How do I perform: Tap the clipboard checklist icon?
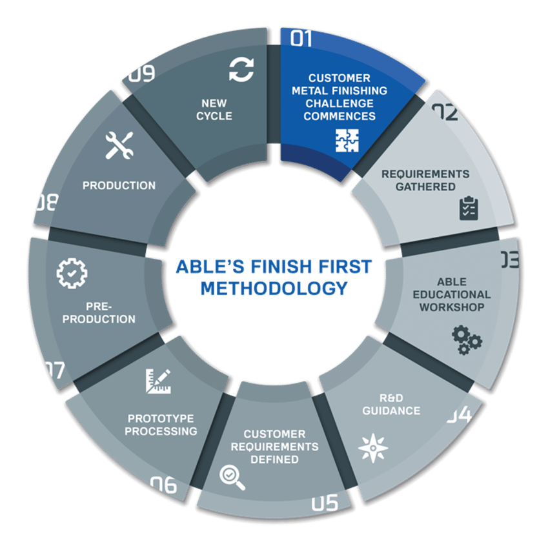tap(469, 208)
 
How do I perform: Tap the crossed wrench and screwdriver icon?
tap(119, 145)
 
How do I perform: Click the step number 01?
tap(301, 39)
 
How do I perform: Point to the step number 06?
tap(163, 484)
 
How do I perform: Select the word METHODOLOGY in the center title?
tap(274, 287)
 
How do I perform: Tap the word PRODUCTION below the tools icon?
tap(119, 185)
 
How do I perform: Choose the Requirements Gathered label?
tap(425, 180)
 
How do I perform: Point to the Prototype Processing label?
tap(161, 424)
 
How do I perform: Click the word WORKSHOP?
tap(452, 307)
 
